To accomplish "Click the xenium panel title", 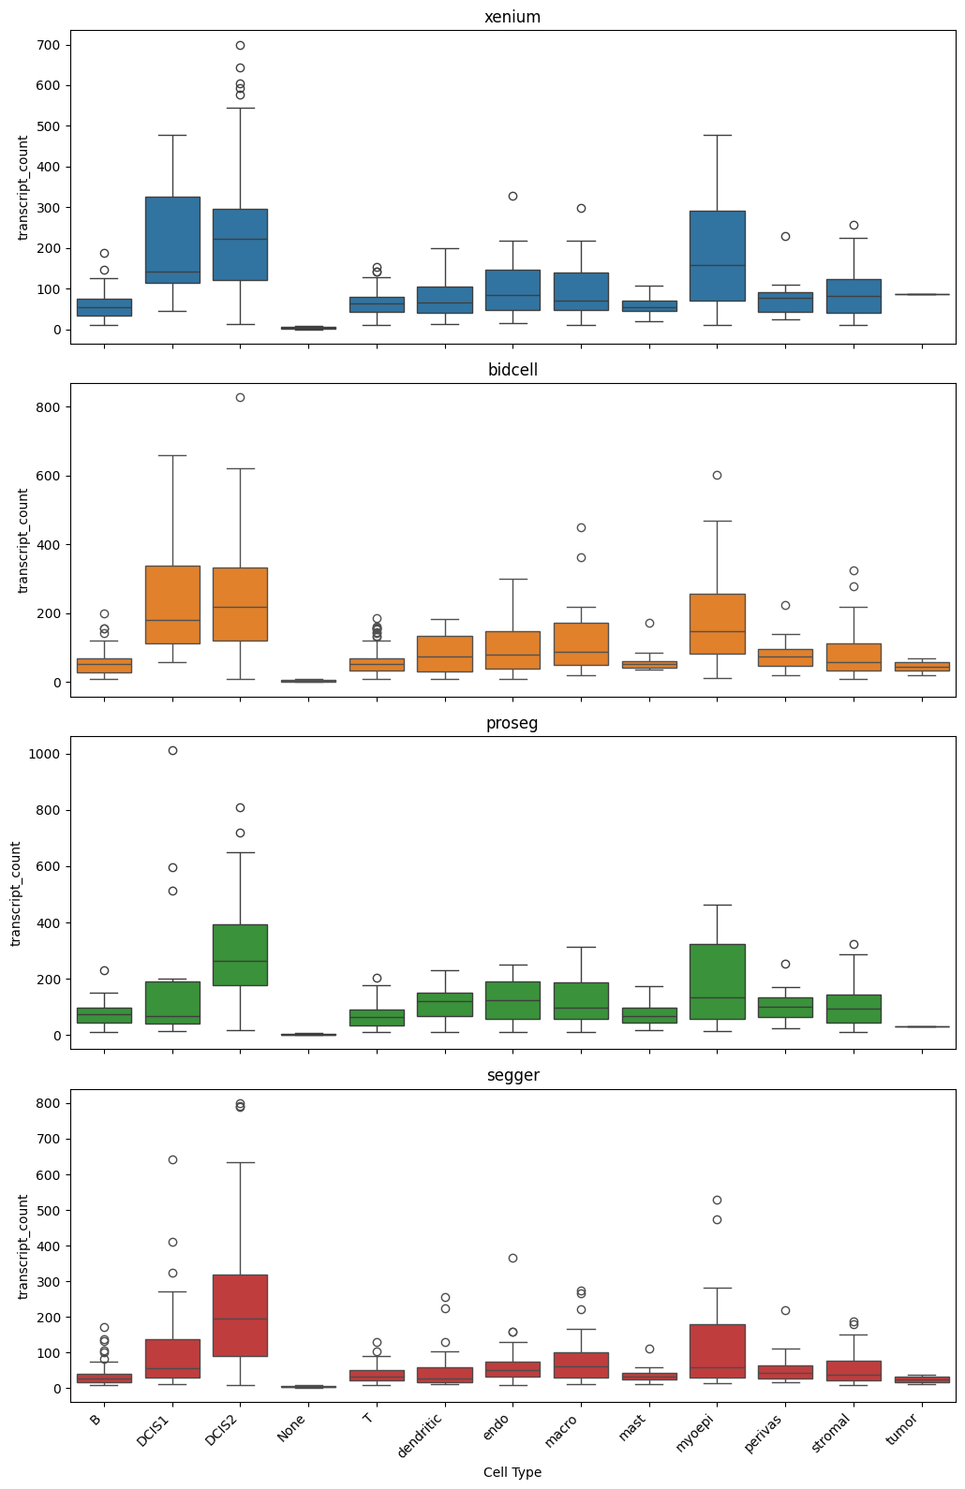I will coord(512,17).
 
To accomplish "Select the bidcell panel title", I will coord(512,370).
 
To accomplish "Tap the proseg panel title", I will coord(512,723).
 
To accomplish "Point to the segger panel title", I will coord(512,1075).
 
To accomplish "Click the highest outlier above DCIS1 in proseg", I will coord(172,750).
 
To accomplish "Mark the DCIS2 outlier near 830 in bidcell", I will coord(240,397).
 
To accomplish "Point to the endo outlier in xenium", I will coord(512,196).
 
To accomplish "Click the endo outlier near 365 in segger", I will coord(512,1258).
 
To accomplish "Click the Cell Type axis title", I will coord(512,1472).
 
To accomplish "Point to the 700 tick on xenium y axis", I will coord(49,45).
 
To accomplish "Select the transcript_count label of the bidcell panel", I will coord(23,540).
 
